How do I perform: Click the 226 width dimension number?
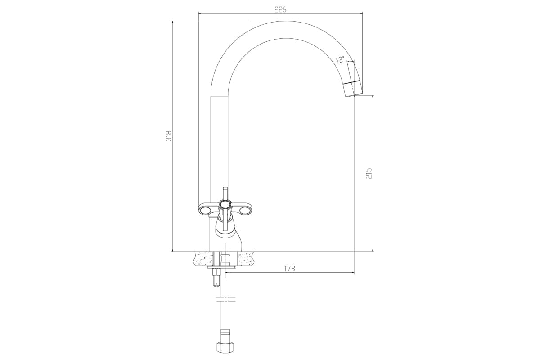coord(280,9)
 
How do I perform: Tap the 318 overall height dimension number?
coord(169,136)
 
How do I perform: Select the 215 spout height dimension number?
coord(369,173)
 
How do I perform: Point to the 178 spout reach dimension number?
coord(289,268)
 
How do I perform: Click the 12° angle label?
coord(340,59)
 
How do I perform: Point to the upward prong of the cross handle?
coord(225,194)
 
